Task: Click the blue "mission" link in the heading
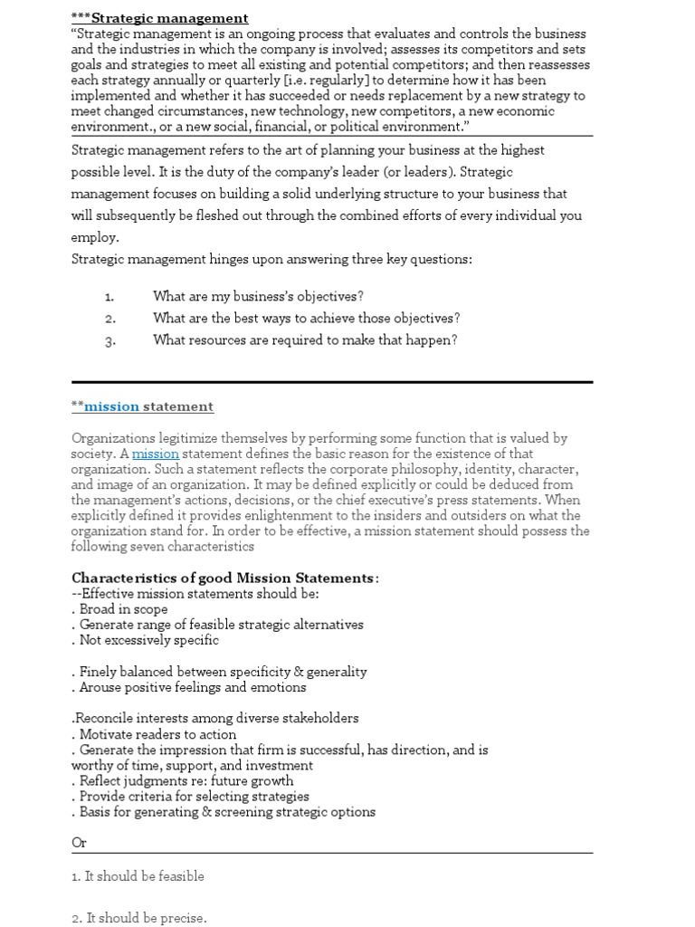pos(112,406)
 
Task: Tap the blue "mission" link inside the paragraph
pos(156,454)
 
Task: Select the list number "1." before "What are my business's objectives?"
pos(109,297)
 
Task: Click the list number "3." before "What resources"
pos(109,341)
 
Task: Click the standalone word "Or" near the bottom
pos(80,843)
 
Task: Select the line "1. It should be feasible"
pos(138,876)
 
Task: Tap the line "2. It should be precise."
pos(138,918)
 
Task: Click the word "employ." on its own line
pos(95,237)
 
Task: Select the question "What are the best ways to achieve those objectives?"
pos(307,319)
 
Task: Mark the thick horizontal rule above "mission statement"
pos(332,382)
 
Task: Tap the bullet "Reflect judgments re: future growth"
pos(186,780)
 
